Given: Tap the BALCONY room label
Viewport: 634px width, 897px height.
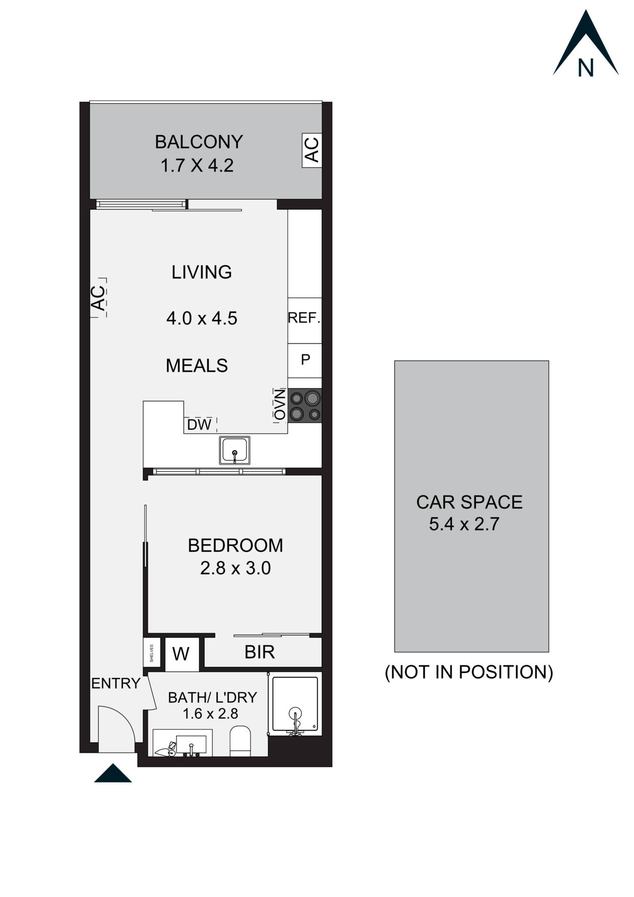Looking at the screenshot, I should point(198,142).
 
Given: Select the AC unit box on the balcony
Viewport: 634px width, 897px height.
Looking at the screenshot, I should point(312,149).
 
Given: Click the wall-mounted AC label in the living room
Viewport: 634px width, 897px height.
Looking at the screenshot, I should point(98,298).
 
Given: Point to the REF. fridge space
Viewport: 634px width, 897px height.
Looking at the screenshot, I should point(304,319).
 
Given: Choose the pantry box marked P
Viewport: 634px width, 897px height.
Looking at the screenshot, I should point(305,360).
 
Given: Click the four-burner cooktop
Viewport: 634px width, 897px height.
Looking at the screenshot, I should point(305,406).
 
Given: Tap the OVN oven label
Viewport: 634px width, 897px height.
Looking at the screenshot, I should point(280,405).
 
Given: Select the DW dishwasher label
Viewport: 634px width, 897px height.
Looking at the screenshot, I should point(199,425).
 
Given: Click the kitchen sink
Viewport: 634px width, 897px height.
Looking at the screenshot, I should point(235,450).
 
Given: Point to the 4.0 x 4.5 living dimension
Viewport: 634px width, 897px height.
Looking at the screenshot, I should point(201,319).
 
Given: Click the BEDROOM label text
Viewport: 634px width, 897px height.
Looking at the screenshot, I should point(235,546).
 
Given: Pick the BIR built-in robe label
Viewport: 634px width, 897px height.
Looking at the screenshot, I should point(260,652).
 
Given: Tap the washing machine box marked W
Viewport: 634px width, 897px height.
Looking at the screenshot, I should point(181,654).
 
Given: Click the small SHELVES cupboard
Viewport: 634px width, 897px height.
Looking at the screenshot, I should point(152,653).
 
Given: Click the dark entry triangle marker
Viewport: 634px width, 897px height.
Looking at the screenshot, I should point(113,774).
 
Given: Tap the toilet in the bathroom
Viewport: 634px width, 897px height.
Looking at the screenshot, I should point(240,740).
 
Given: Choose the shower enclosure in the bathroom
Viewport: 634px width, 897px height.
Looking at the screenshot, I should point(295,705).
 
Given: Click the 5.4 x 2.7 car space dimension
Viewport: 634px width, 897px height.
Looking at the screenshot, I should point(464,525).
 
